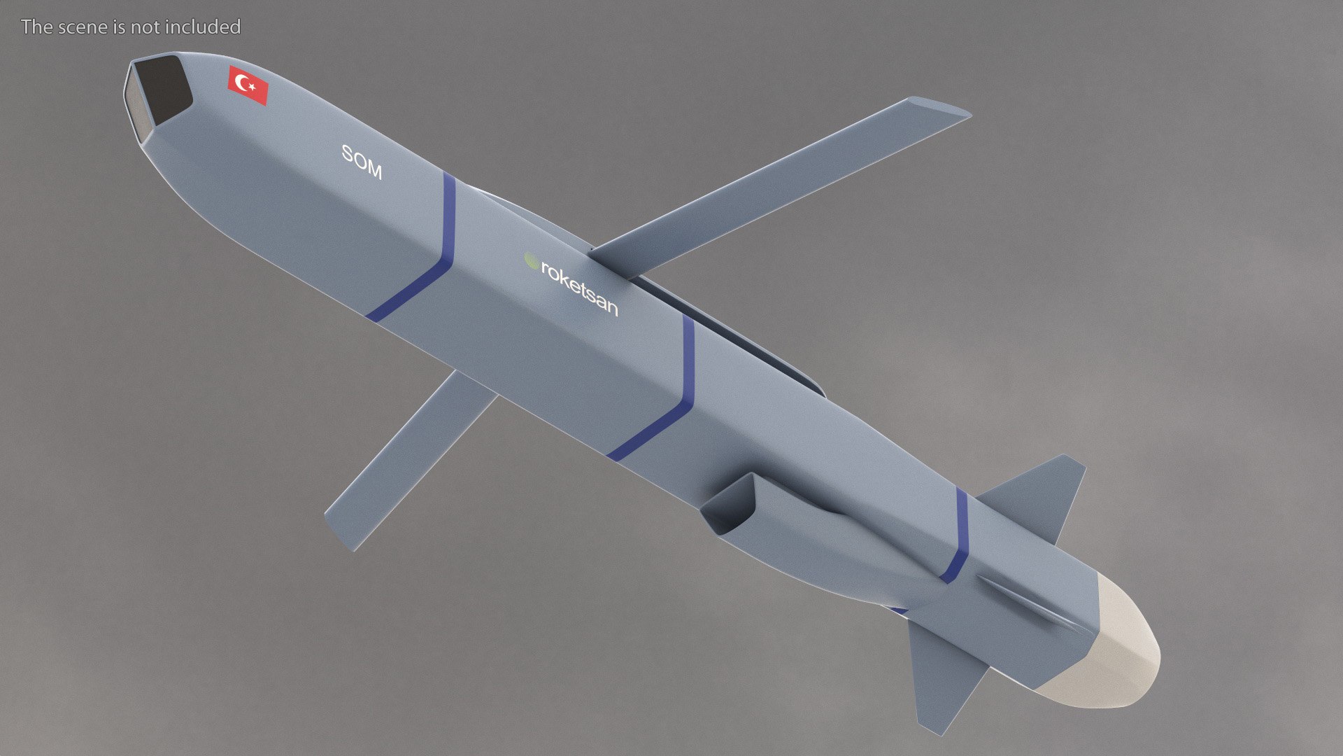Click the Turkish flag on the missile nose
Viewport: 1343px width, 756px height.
[x=248, y=85]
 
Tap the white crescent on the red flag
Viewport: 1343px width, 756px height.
[x=243, y=83]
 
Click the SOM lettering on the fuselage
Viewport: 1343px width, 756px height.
[x=362, y=162]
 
